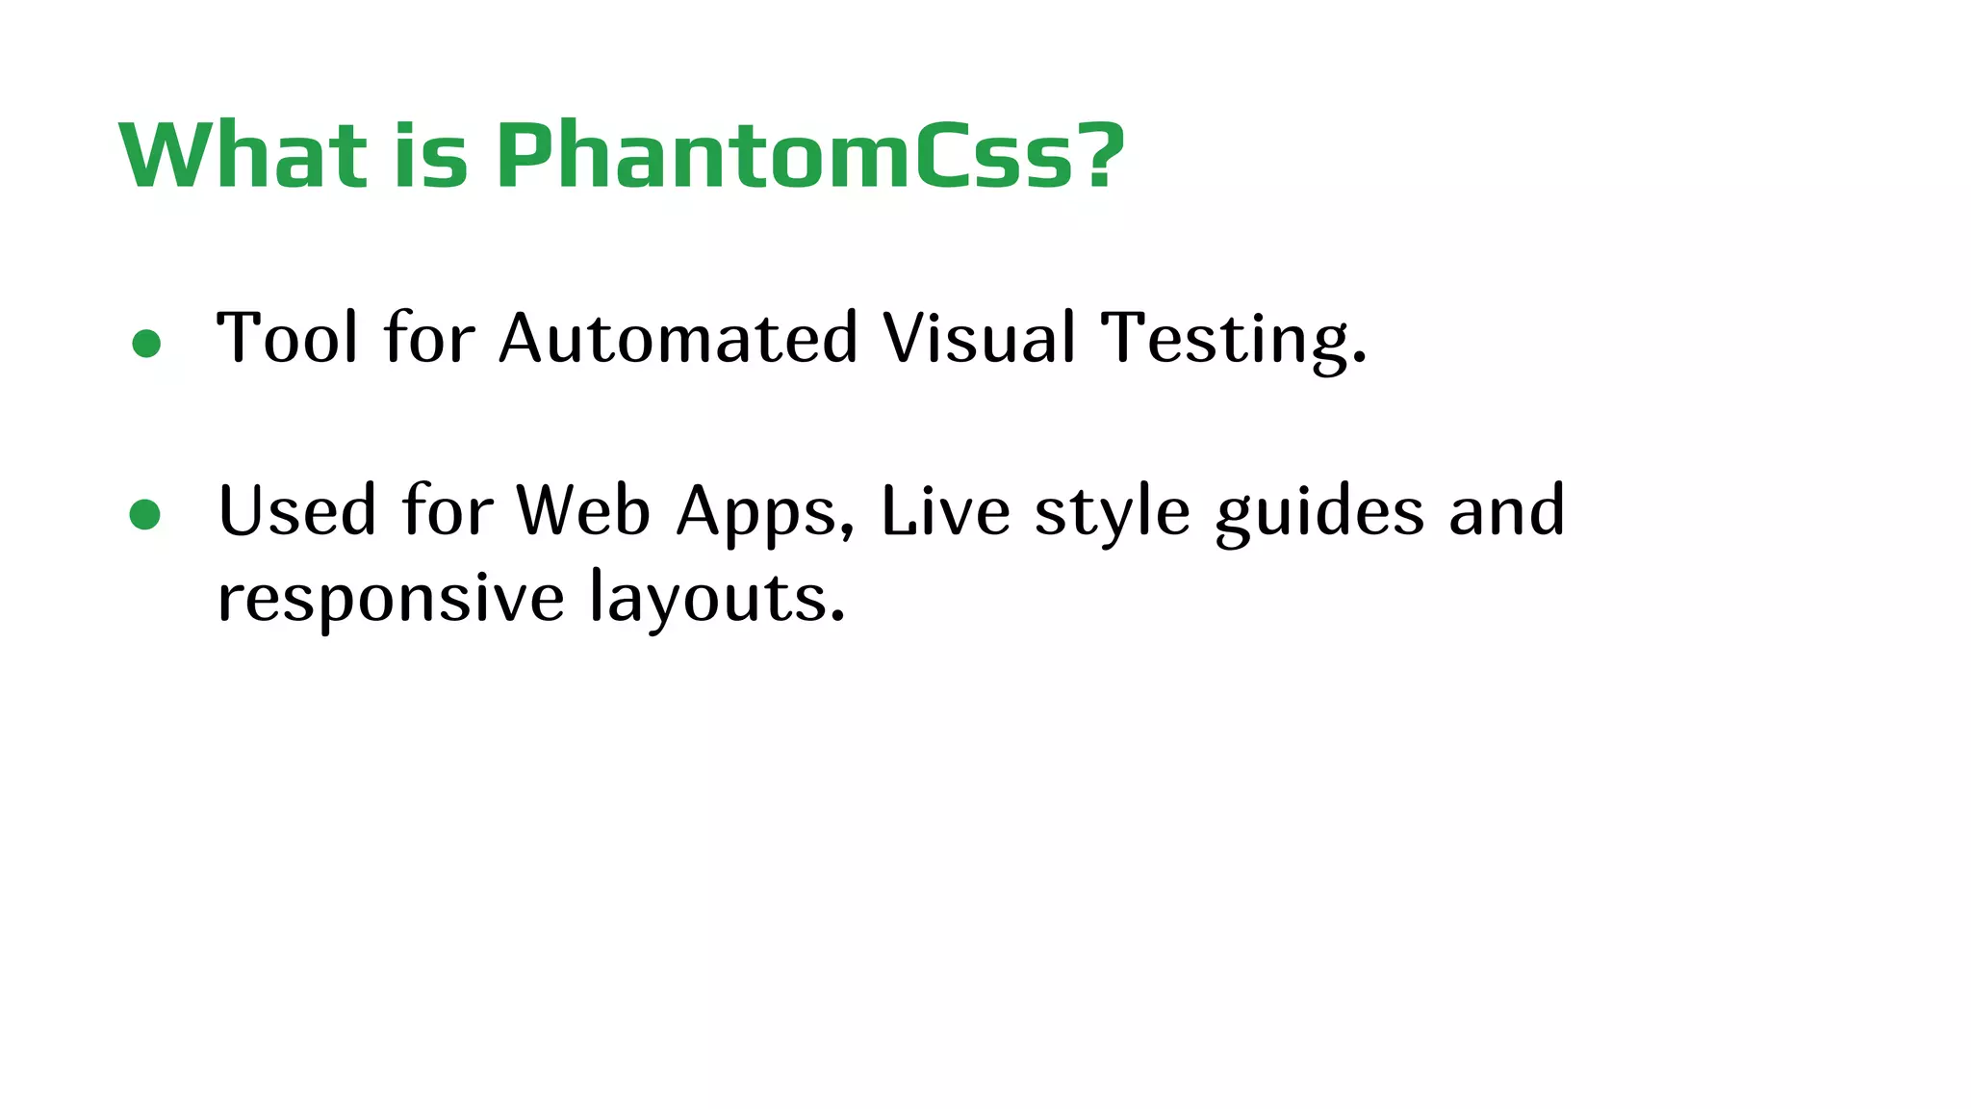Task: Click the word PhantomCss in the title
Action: point(784,155)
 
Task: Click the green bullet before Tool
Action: point(146,344)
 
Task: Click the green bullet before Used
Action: point(145,515)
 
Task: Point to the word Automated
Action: point(678,338)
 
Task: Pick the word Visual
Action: point(980,338)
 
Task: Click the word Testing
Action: point(1234,340)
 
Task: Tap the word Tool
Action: point(288,338)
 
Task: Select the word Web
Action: point(583,510)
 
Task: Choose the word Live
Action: point(945,510)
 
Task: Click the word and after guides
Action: point(1507,510)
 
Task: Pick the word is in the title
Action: point(431,155)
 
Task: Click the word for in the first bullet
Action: point(429,338)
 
